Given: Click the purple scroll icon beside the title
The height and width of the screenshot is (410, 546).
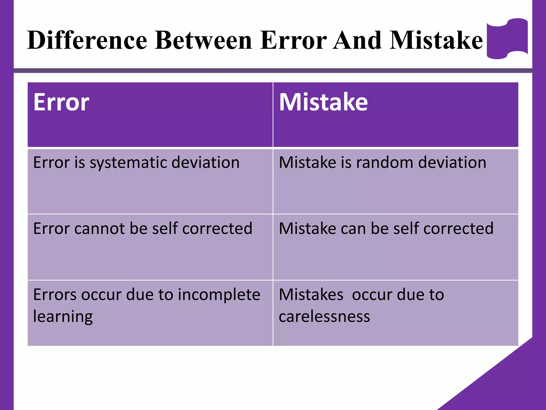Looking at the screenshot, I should click(507, 38).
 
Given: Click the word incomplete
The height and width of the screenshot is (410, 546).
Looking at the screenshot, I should click(219, 295).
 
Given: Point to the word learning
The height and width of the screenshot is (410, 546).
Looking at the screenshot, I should click(63, 317).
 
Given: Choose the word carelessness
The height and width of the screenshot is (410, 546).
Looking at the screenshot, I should click(324, 317).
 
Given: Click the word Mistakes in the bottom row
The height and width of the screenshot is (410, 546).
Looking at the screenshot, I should click(311, 295).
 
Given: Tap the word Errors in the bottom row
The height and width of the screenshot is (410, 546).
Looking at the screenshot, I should click(55, 295).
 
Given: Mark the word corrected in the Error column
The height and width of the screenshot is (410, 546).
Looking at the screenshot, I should click(217, 228).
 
